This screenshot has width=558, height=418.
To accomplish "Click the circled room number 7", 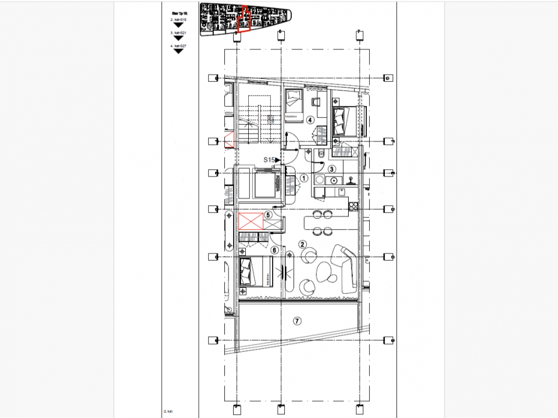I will click(297, 320).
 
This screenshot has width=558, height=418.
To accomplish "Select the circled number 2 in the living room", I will click(302, 244).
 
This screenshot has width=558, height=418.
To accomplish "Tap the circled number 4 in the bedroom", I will click(310, 120).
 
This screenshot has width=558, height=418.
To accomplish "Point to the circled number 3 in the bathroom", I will click(332, 169).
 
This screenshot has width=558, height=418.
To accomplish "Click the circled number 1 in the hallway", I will click(304, 179).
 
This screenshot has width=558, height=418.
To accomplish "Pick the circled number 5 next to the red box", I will click(268, 214).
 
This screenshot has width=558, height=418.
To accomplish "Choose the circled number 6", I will click(274, 250).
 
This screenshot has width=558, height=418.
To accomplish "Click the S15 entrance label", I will click(270, 159).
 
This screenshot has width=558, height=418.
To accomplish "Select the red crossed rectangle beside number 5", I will click(250, 222).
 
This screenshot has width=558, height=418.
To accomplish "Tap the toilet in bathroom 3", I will click(321, 154).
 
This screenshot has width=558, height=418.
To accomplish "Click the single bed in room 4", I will click(292, 105).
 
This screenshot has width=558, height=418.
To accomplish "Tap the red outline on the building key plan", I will click(245, 21).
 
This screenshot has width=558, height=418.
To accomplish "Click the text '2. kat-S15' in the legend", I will click(178, 19).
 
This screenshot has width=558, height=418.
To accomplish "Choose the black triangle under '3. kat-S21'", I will click(178, 38).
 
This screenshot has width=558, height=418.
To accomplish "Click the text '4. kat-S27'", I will click(178, 45).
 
